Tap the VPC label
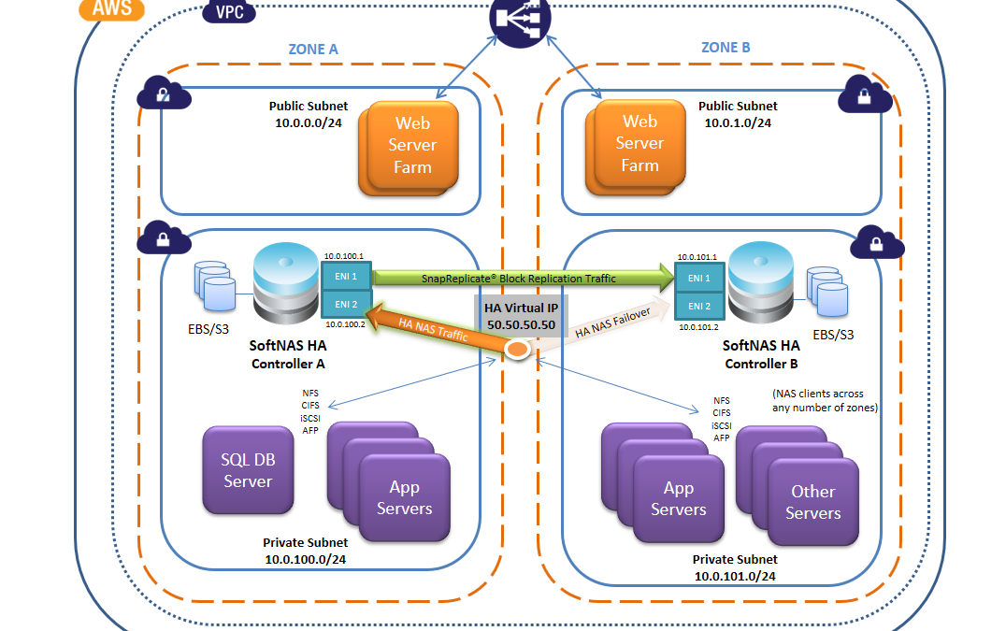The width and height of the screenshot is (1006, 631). point(230,13)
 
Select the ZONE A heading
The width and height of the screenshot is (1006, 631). point(314,50)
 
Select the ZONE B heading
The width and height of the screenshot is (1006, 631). point(726,48)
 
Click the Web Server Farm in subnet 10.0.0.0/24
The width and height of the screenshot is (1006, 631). point(412,145)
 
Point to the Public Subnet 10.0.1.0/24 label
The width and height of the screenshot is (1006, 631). point(738,114)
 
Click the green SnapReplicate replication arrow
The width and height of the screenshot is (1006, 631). point(525,277)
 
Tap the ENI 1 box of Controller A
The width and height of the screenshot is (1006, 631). point(346,277)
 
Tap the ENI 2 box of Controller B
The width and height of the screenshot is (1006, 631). point(699,306)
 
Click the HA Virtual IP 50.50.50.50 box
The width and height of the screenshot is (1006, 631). point(521,315)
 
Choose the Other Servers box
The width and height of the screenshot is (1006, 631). point(812,502)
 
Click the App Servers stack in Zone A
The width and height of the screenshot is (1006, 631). point(403,497)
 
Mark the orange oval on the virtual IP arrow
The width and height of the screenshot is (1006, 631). point(517,349)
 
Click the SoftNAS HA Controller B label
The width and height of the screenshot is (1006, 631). point(761,354)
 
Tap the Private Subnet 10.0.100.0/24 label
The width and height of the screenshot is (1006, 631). point(305,551)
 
